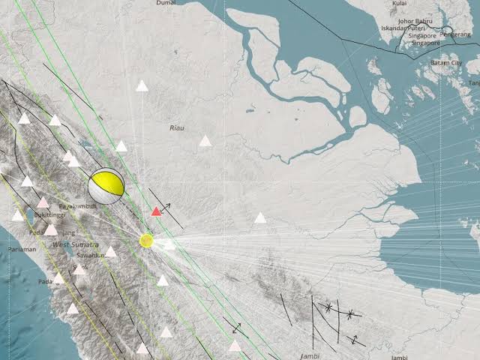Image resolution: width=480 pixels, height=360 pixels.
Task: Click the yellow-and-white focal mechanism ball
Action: [x=106, y=186]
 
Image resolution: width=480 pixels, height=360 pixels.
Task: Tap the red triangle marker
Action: [x=156, y=211]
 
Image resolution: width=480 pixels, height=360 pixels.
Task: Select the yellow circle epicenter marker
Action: [x=146, y=241]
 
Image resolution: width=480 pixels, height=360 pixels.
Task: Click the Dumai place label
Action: [x=166, y=4]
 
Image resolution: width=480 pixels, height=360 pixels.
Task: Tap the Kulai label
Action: [x=399, y=4]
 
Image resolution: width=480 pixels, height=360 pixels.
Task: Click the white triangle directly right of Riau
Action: [x=205, y=140]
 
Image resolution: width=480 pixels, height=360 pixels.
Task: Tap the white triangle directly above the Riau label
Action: [x=142, y=85]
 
